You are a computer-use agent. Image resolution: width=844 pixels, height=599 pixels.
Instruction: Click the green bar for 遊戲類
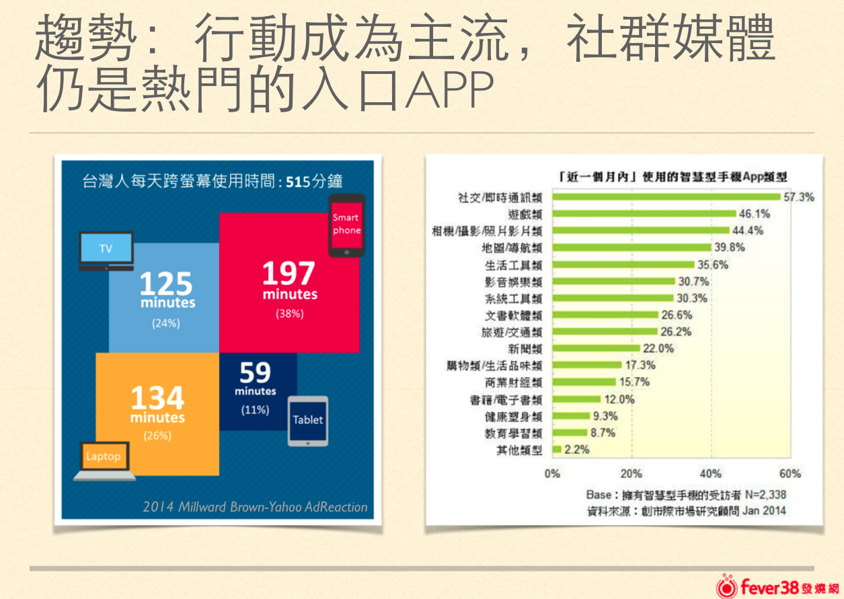[x=644, y=214]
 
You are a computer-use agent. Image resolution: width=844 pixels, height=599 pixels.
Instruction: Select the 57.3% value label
[x=799, y=197]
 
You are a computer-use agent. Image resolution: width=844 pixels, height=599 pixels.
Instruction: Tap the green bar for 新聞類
[x=595, y=348]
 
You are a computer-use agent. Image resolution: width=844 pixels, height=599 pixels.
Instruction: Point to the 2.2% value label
[x=577, y=449]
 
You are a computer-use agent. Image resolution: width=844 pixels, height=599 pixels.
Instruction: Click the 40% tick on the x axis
[x=710, y=473]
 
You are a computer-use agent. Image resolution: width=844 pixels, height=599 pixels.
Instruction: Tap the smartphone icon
[x=346, y=225]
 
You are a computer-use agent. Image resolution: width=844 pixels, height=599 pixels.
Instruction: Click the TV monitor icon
[x=106, y=251]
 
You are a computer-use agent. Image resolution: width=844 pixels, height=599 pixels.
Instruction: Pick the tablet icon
[x=308, y=421]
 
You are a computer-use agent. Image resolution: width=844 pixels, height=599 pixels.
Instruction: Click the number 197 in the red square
[x=289, y=274]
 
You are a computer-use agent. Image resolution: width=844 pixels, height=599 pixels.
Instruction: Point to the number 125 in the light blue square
[x=166, y=284]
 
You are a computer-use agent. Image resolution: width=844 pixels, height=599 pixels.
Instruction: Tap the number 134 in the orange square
[x=157, y=399]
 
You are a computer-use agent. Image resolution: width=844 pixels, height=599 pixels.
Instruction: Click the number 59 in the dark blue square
[x=256, y=372]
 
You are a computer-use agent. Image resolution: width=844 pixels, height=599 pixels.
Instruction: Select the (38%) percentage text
[x=290, y=313]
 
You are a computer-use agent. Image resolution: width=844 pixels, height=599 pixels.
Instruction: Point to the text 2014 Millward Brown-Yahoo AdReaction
[x=255, y=506]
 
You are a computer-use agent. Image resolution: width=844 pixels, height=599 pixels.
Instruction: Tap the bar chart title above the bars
[x=673, y=177]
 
